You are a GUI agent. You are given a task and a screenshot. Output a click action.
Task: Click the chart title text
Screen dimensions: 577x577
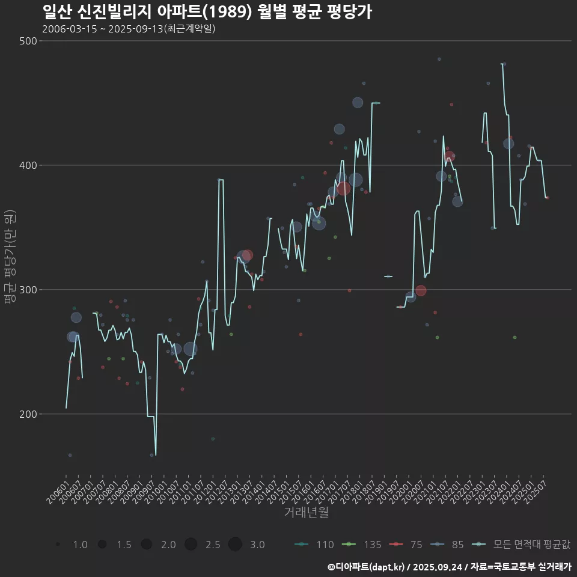[x=207, y=12]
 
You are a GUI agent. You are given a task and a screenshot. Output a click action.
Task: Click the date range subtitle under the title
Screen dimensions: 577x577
[x=129, y=29]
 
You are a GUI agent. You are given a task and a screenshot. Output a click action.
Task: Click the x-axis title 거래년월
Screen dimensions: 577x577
[x=306, y=513]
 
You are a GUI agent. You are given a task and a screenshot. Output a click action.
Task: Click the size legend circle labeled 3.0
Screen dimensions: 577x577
[x=235, y=545]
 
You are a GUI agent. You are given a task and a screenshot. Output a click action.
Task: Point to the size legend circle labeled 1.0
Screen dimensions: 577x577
[x=58, y=545]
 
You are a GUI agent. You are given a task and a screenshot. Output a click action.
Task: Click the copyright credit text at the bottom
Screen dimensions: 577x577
[x=449, y=567]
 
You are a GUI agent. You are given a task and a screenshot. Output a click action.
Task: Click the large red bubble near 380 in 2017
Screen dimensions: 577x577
[x=343, y=188]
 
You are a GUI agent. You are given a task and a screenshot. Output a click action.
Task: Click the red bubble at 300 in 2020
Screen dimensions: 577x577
[x=421, y=290]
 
